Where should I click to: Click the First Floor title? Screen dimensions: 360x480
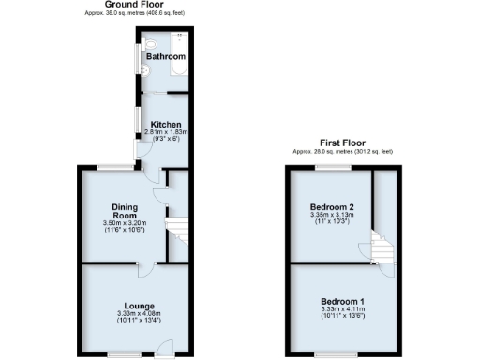pyautogui.click(x=344, y=142)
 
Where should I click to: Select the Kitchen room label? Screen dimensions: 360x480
pyautogui.click(x=166, y=125)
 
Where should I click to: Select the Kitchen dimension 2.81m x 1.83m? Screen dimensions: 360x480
pyautogui.click(x=165, y=133)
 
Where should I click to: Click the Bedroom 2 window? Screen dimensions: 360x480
pyautogui.click(x=333, y=167)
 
